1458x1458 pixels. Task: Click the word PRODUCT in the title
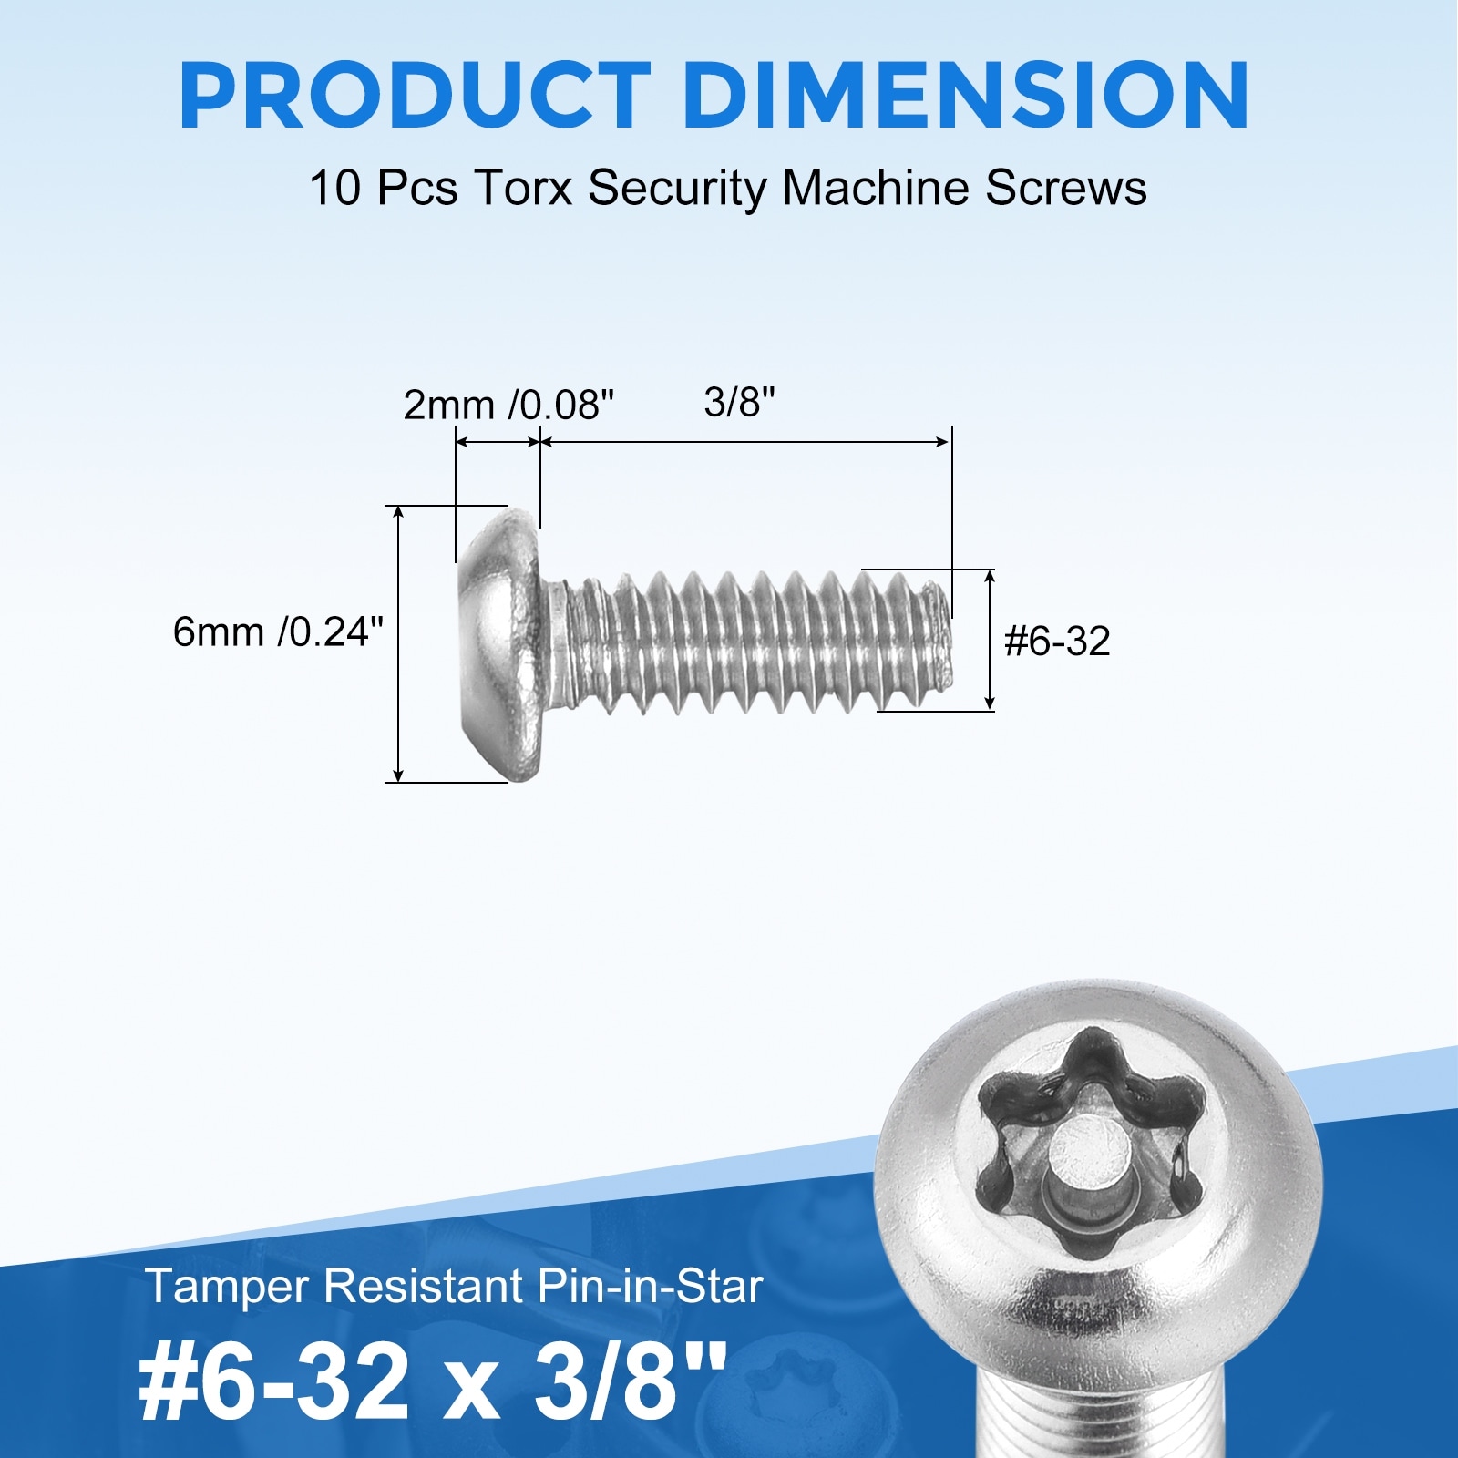[416, 97]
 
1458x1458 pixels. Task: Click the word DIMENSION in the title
[966, 97]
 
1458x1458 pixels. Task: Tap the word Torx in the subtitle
[523, 189]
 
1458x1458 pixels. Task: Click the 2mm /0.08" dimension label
[508, 405]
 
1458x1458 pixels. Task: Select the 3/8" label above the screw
[739, 402]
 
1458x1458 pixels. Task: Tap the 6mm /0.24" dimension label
[278, 631]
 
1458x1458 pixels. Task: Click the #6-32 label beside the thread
[1057, 642]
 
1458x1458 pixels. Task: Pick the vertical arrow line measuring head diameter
[398, 643]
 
